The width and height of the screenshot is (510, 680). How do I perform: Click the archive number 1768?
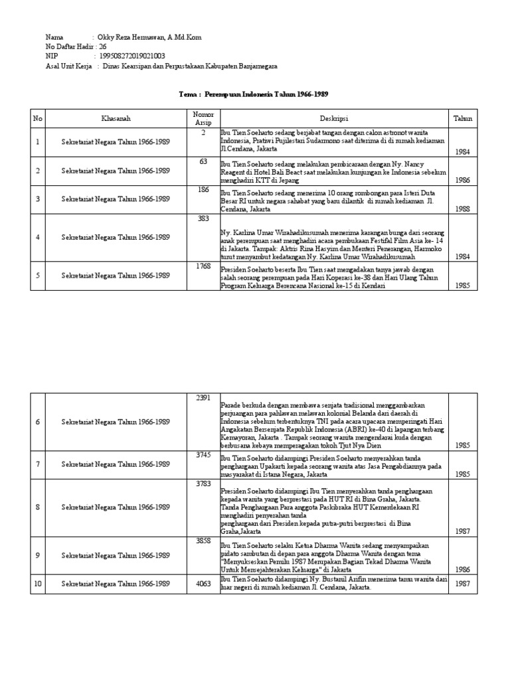click(203, 267)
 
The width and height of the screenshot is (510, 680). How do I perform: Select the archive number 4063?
click(203, 584)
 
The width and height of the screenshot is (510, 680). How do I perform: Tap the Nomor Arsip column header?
click(203, 118)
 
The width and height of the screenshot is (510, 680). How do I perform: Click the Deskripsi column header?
click(334, 118)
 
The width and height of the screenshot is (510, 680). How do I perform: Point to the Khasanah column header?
click(116, 118)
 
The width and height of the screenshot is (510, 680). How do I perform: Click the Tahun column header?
click(463, 118)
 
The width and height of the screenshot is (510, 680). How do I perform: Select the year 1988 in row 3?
click(463, 209)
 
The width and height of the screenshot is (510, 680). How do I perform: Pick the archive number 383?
click(203, 218)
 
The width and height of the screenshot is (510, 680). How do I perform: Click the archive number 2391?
click(203, 398)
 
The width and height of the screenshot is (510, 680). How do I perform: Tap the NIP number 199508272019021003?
click(133, 56)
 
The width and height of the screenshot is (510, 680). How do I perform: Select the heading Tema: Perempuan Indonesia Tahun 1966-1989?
click(254, 94)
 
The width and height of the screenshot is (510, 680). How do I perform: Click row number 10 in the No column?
click(38, 584)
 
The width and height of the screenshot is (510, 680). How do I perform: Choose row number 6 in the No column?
click(38, 422)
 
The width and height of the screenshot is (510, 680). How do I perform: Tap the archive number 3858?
click(203, 542)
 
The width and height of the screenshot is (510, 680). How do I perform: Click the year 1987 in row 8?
click(463, 531)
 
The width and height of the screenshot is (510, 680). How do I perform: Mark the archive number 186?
click(203, 190)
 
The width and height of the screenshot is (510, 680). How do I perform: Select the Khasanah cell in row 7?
click(116, 464)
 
